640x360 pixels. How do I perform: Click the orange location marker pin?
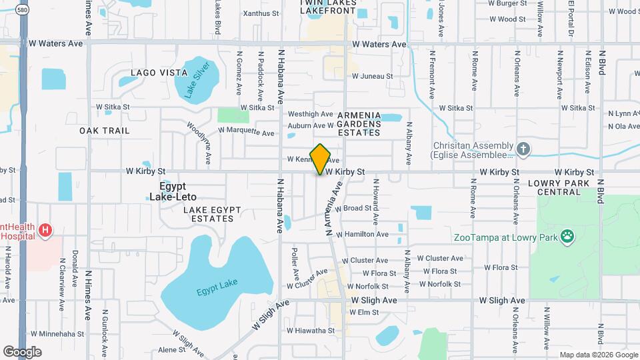point(321,159)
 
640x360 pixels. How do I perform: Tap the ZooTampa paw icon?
point(567,235)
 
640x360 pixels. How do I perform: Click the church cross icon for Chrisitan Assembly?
point(524,148)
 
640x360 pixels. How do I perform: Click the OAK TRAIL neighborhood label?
point(105,130)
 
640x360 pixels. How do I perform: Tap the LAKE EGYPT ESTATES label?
point(212,215)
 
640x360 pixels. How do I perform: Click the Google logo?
point(22,351)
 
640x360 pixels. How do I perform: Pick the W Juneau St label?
point(372,76)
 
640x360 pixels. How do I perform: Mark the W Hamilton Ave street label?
point(361,235)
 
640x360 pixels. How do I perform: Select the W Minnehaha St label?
point(57,333)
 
